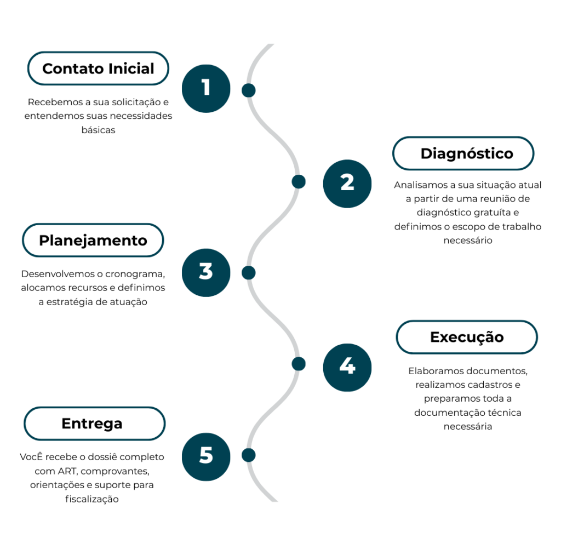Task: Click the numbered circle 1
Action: (206, 88)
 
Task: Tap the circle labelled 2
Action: (347, 183)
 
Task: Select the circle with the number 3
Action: (206, 272)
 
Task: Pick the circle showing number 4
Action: (347, 367)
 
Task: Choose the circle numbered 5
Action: (206, 456)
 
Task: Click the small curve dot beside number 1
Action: (249, 90)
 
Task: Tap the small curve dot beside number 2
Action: (299, 181)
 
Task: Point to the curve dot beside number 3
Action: (249, 272)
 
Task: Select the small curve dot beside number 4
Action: (299, 363)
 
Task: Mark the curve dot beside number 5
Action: (249, 455)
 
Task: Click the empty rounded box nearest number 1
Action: (98, 68)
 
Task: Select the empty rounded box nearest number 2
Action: (463, 153)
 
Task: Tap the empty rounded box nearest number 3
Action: (93, 240)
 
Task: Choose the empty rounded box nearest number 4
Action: (467, 337)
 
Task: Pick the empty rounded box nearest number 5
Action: (94, 424)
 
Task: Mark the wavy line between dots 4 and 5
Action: (272, 410)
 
